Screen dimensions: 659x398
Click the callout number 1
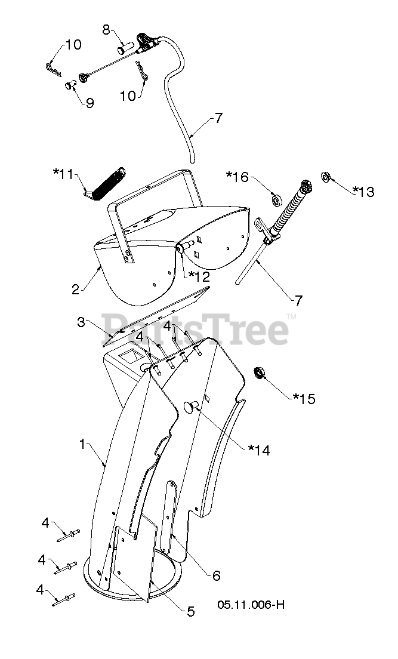click(x=84, y=444)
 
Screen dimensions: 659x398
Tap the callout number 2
click(x=76, y=290)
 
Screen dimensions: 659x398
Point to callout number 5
click(x=191, y=611)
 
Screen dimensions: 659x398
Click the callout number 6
click(x=216, y=575)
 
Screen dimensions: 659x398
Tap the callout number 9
click(x=90, y=103)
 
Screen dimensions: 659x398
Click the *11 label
click(x=65, y=174)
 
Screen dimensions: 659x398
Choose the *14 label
click(x=258, y=451)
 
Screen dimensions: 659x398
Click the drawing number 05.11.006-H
click(x=251, y=604)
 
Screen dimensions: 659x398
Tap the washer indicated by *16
click(x=276, y=198)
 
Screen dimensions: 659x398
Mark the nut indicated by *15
click(x=260, y=373)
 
